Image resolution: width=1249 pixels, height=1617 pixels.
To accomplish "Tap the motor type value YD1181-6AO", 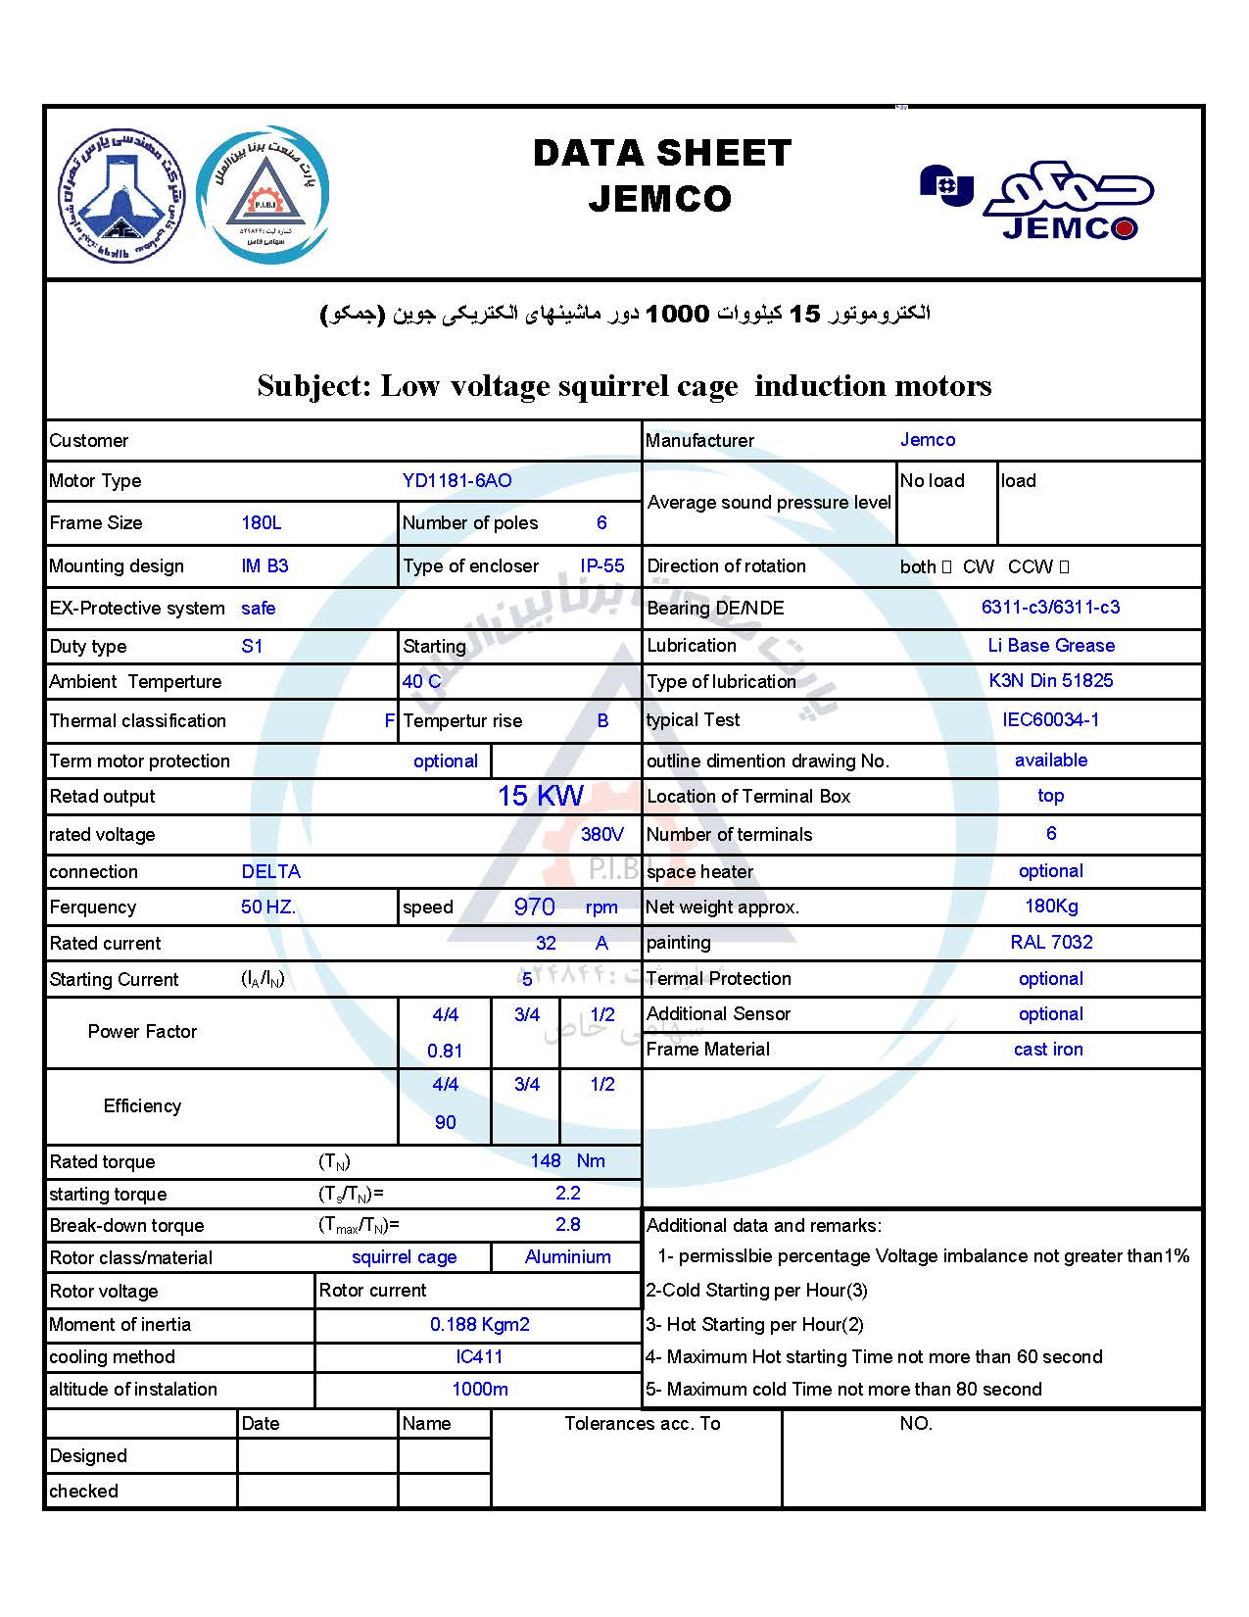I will pyautogui.click(x=456, y=481).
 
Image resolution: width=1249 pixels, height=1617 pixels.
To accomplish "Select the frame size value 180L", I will pyautogui.click(x=262, y=523).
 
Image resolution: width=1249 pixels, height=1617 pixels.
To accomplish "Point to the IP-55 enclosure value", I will pyautogui.click(x=601, y=566).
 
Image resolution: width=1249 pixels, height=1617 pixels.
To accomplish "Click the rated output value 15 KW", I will pyautogui.click(x=540, y=796).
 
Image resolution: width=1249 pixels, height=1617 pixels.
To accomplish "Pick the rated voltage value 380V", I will pyautogui.click(x=601, y=835).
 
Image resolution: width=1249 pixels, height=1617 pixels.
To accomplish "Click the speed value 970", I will pyautogui.click(x=534, y=907).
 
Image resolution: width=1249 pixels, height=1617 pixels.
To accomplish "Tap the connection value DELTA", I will pyautogui.click(x=270, y=872).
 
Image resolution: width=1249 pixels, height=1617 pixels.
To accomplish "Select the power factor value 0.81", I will pyautogui.click(x=445, y=1052).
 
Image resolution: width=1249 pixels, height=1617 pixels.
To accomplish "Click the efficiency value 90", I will pyautogui.click(x=445, y=1123).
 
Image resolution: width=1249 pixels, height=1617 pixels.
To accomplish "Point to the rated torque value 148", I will pyautogui.click(x=545, y=1161).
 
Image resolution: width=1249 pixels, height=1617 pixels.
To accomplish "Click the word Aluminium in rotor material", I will pyautogui.click(x=567, y=1257).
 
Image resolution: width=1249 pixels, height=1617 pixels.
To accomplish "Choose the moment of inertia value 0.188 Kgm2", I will pyautogui.click(x=479, y=1325).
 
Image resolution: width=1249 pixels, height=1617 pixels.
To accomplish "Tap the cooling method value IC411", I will pyautogui.click(x=479, y=1357).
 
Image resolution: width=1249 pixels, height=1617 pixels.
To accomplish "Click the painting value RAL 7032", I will pyautogui.click(x=1051, y=943).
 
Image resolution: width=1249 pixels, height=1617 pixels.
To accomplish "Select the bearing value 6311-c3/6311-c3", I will pyautogui.click(x=1050, y=608).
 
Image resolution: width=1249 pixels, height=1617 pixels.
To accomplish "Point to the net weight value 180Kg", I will pyautogui.click(x=1051, y=906).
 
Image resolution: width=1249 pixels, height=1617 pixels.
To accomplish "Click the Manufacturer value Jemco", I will pyautogui.click(x=928, y=440).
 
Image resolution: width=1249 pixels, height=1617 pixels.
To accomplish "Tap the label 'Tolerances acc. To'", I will pyautogui.click(x=642, y=1424).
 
